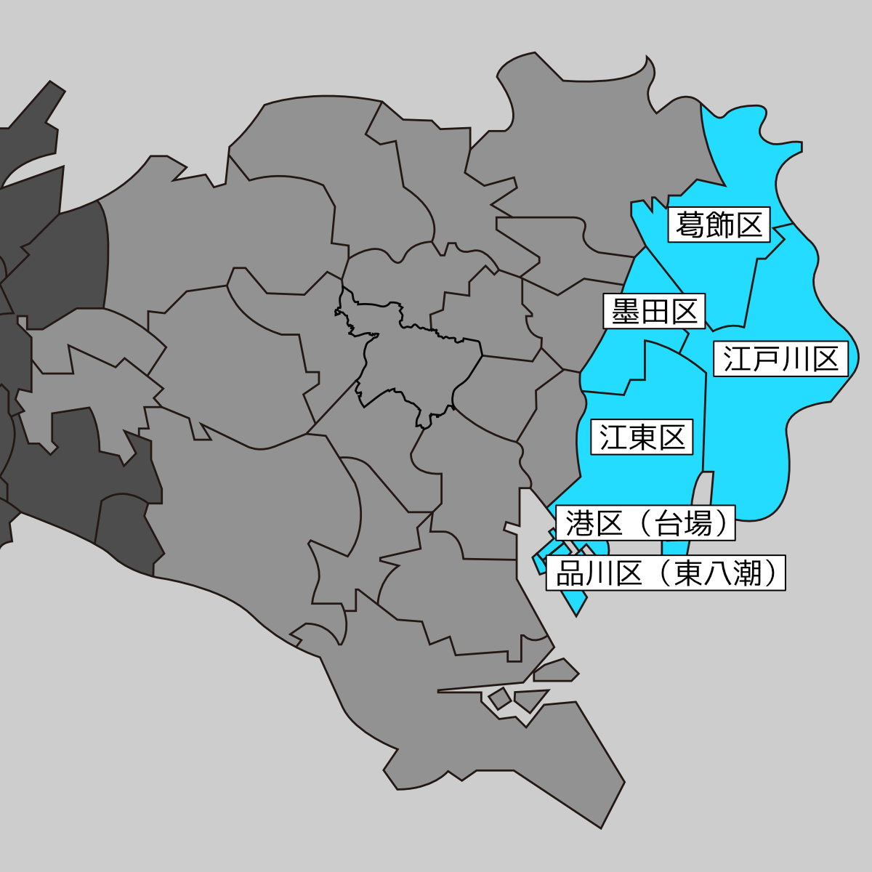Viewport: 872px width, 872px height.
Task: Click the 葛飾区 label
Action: (719, 225)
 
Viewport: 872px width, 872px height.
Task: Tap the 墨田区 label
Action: (654, 312)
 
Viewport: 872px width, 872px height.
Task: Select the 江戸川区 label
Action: (781, 358)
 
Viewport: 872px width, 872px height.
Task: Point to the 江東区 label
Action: (642, 437)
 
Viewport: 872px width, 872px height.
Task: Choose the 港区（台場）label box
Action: (646, 523)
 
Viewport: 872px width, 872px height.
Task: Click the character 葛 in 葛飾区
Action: (690, 225)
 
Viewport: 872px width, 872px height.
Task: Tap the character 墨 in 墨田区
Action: (625, 312)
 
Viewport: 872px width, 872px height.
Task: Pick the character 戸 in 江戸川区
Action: (767, 358)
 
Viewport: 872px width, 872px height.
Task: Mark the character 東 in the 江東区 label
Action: (642, 437)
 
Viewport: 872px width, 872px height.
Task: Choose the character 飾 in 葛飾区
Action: (719, 225)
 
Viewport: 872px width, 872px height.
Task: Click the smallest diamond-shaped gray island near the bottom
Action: (499, 699)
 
